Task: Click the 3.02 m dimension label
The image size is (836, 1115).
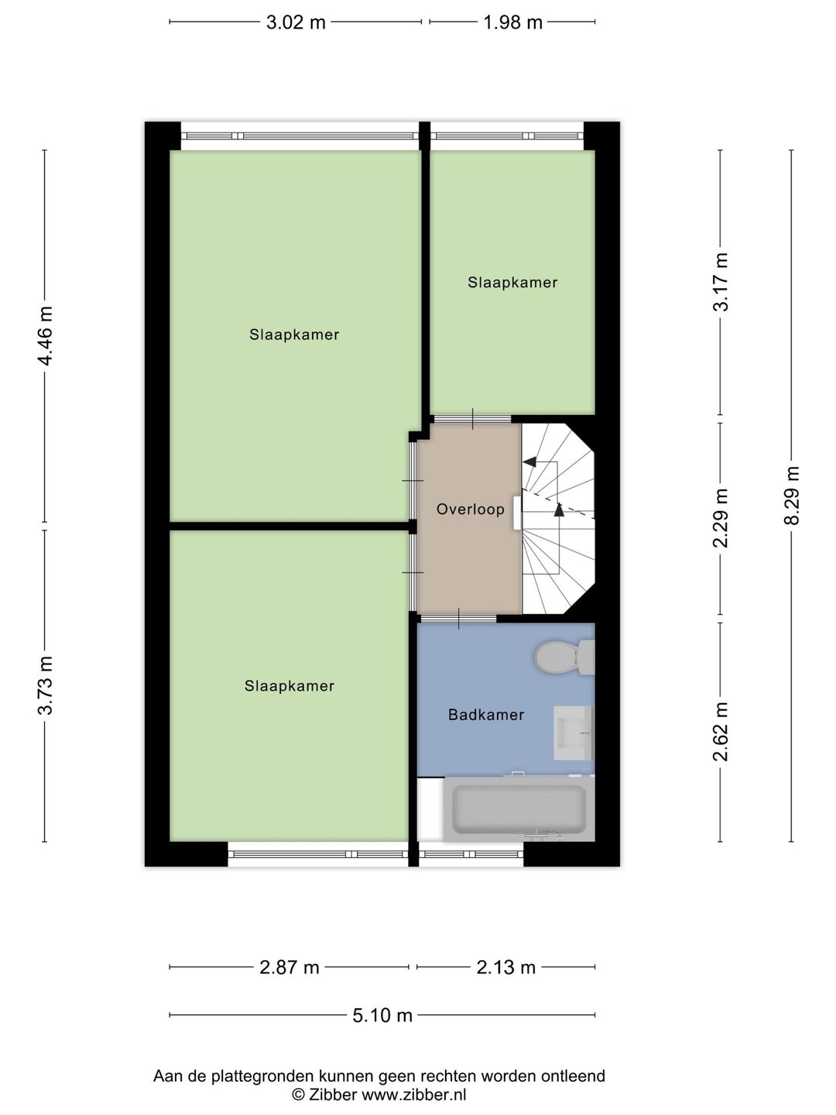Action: click(296, 23)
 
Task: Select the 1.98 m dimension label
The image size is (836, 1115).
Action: click(512, 23)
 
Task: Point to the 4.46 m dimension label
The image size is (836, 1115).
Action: click(45, 336)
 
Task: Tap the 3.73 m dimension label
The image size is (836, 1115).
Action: click(45, 686)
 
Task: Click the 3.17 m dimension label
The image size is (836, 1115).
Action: click(721, 282)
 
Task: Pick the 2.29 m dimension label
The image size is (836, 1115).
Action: click(721, 518)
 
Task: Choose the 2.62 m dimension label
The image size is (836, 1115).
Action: click(721, 732)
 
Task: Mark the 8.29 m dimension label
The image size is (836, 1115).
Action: click(793, 496)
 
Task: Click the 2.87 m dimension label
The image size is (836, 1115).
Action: click(290, 967)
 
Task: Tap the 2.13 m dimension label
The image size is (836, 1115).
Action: click(506, 967)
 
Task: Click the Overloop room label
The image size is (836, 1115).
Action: click(471, 509)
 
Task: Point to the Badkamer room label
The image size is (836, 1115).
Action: click(486, 715)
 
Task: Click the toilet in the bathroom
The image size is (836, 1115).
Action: click(564, 657)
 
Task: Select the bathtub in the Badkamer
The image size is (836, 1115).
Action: click(519, 809)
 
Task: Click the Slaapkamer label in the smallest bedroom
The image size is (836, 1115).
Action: click(512, 283)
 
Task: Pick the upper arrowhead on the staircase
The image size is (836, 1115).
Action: click(530, 461)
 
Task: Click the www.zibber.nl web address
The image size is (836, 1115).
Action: click(413, 1095)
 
